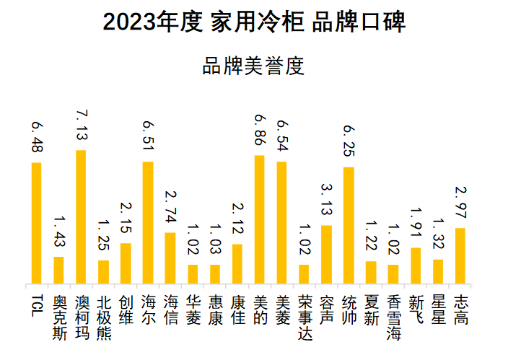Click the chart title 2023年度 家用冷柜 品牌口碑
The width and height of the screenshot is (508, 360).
254,22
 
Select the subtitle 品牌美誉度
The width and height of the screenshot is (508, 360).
254,66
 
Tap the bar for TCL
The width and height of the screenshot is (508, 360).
36,223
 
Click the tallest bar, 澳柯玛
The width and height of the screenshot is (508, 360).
81,216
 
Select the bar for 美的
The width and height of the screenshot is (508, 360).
259,219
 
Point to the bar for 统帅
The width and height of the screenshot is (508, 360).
349,225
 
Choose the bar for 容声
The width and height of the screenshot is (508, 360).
326,254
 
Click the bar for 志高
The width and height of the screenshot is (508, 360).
460,255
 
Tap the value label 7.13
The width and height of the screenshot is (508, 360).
81,127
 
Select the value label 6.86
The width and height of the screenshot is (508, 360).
259,131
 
